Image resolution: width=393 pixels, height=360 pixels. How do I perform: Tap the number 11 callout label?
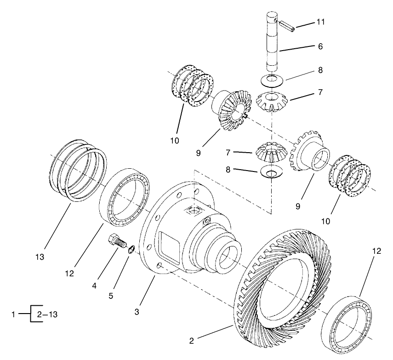point(320,22)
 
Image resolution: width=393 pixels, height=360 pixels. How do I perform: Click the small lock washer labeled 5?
point(131,250)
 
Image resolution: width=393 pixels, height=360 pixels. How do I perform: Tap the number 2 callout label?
point(192,341)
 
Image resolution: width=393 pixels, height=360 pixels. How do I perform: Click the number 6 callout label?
point(320,46)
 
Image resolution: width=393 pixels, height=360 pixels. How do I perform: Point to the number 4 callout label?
point(94,285)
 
